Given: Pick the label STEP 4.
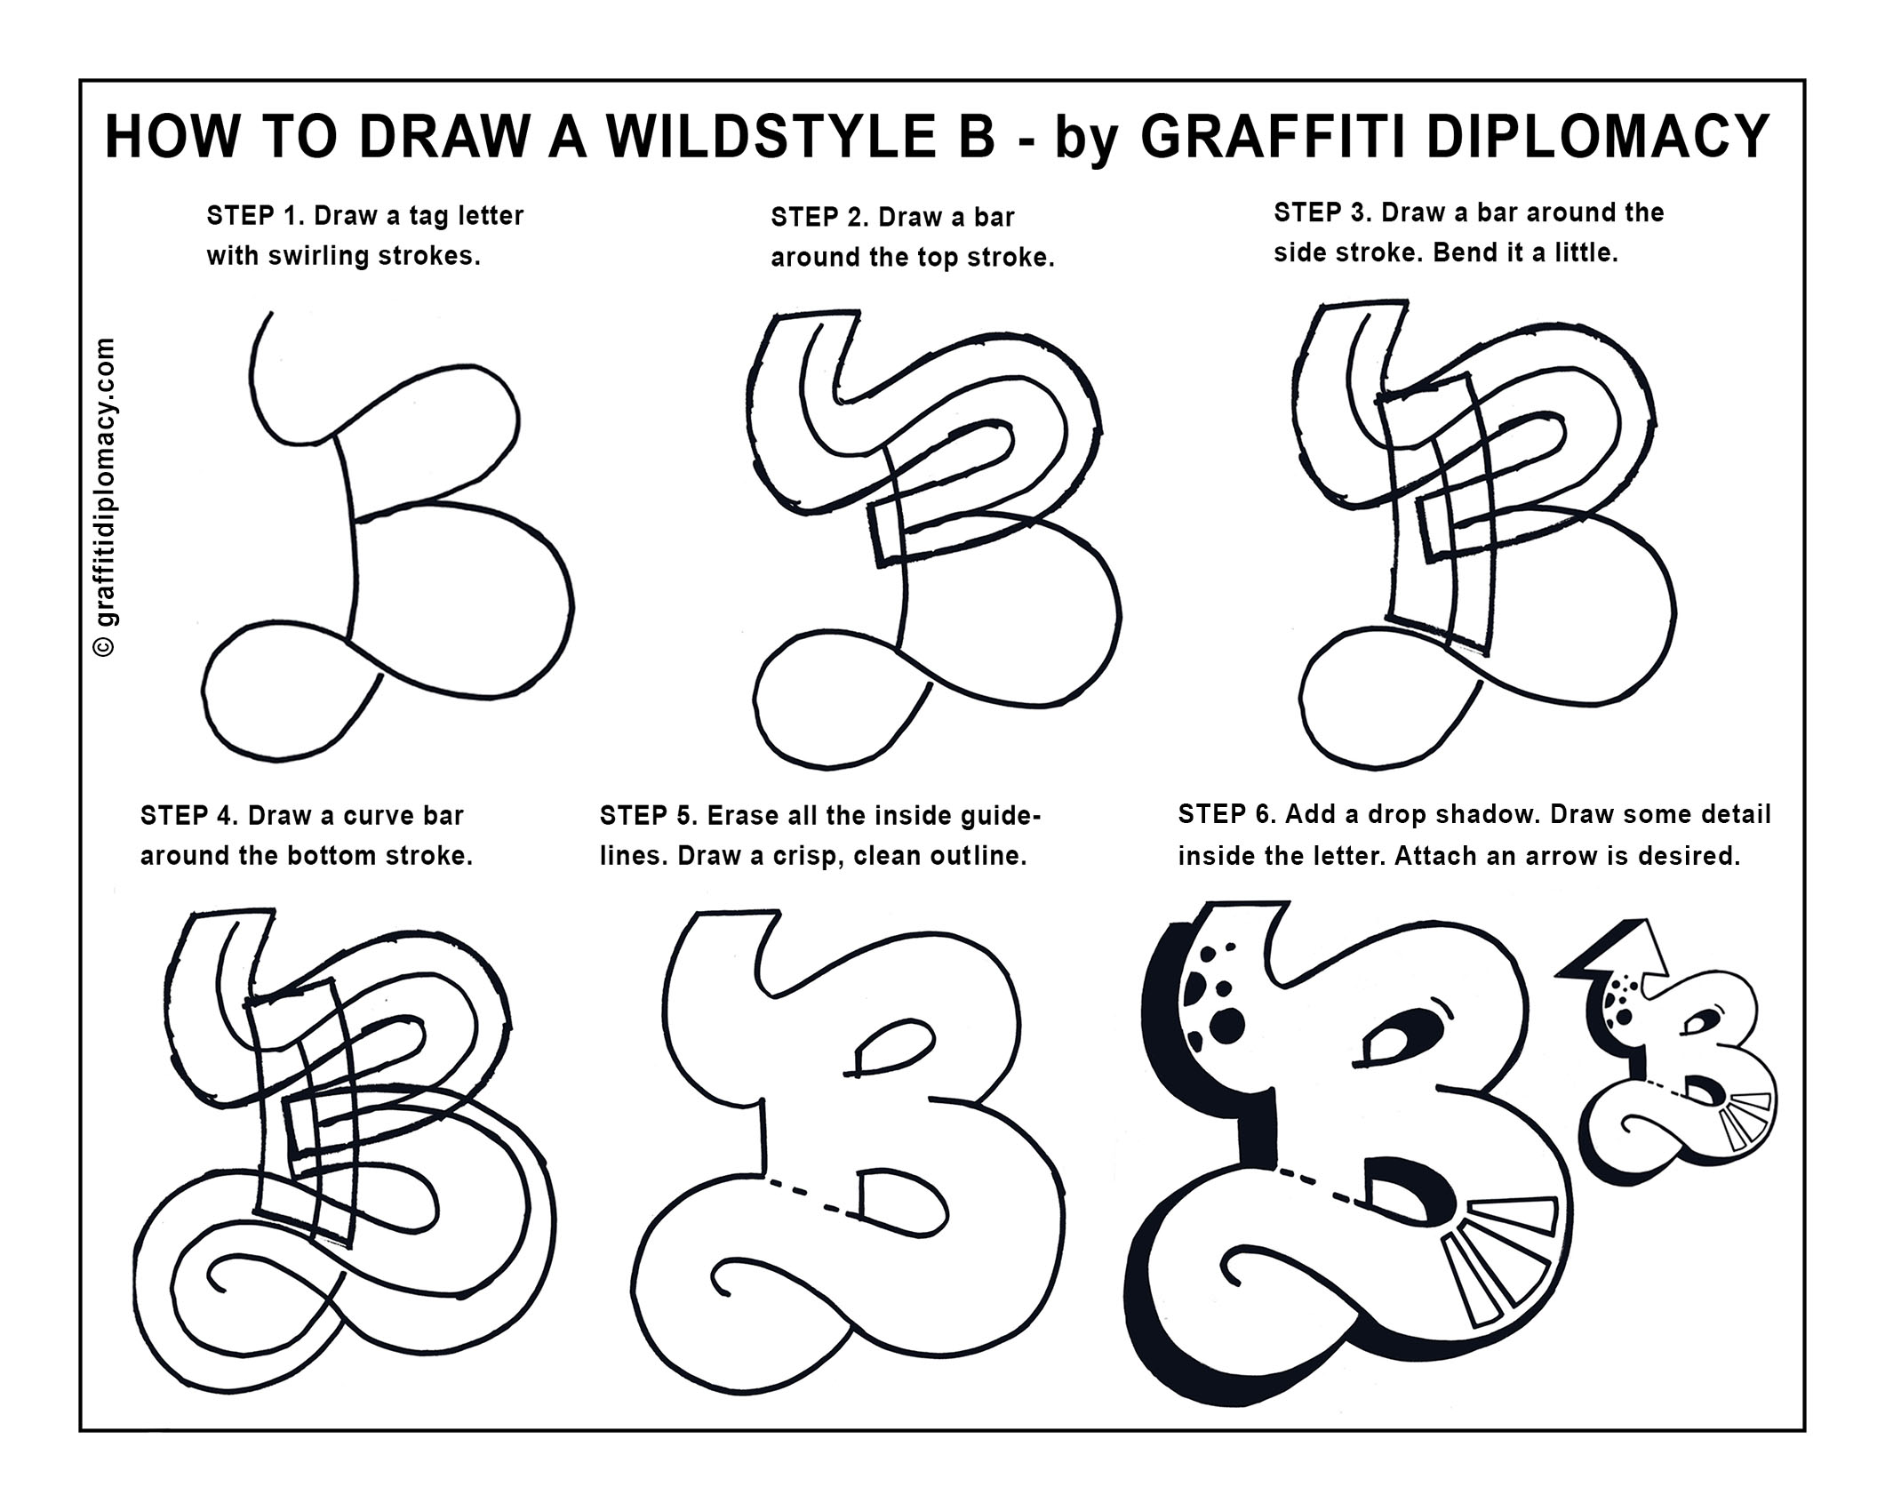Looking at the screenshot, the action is [x=188, y=816].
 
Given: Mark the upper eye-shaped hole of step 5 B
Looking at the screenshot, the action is [x=892, y=1046].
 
